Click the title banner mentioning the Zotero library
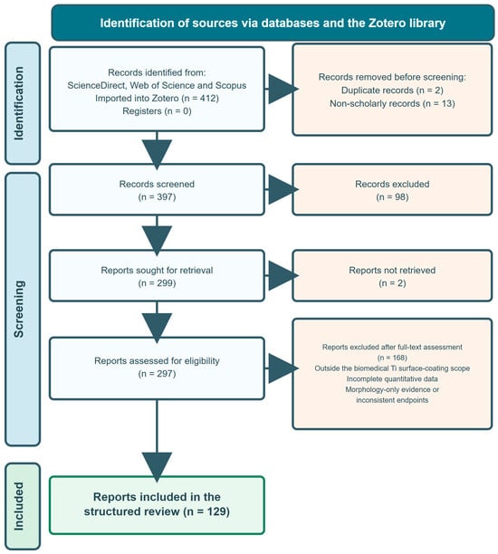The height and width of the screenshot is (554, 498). (273, 23)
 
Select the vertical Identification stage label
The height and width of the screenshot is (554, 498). (18, 103)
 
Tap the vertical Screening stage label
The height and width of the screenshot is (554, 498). (18, 310)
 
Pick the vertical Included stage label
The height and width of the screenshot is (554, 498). (18, 506)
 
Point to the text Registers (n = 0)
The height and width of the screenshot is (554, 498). (157, 111)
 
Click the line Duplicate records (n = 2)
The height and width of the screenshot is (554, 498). (392, 91)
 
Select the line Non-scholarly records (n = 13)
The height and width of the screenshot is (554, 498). (392, 103)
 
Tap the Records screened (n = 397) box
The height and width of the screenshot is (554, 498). (157, 189)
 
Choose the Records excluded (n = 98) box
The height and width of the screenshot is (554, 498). (392, 189)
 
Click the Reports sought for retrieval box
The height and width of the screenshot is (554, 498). (157, 275)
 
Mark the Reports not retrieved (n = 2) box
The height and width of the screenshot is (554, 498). (392, 275)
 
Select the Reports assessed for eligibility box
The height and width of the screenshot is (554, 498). (157, 368)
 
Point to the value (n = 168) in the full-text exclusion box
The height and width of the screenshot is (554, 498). (392, 358)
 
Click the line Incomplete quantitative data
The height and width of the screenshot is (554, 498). (392, 378)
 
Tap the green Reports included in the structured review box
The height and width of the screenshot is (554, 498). (157, 505)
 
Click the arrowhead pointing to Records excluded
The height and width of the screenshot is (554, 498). (283, 189)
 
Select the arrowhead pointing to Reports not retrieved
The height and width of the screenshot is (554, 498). (283, 275)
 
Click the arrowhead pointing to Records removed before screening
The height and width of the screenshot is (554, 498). (283, 89)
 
